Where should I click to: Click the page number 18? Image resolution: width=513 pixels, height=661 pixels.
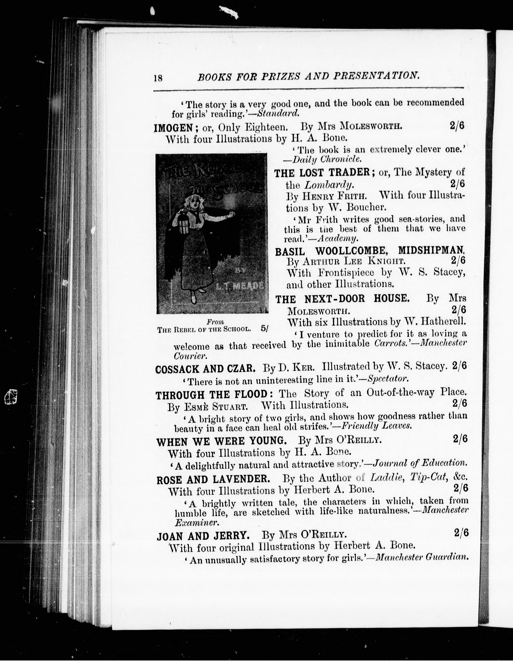pyautogui.click(x=158, y=78)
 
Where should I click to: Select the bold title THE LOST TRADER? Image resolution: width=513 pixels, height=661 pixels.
pyautogui.click(x=322, y=173)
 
